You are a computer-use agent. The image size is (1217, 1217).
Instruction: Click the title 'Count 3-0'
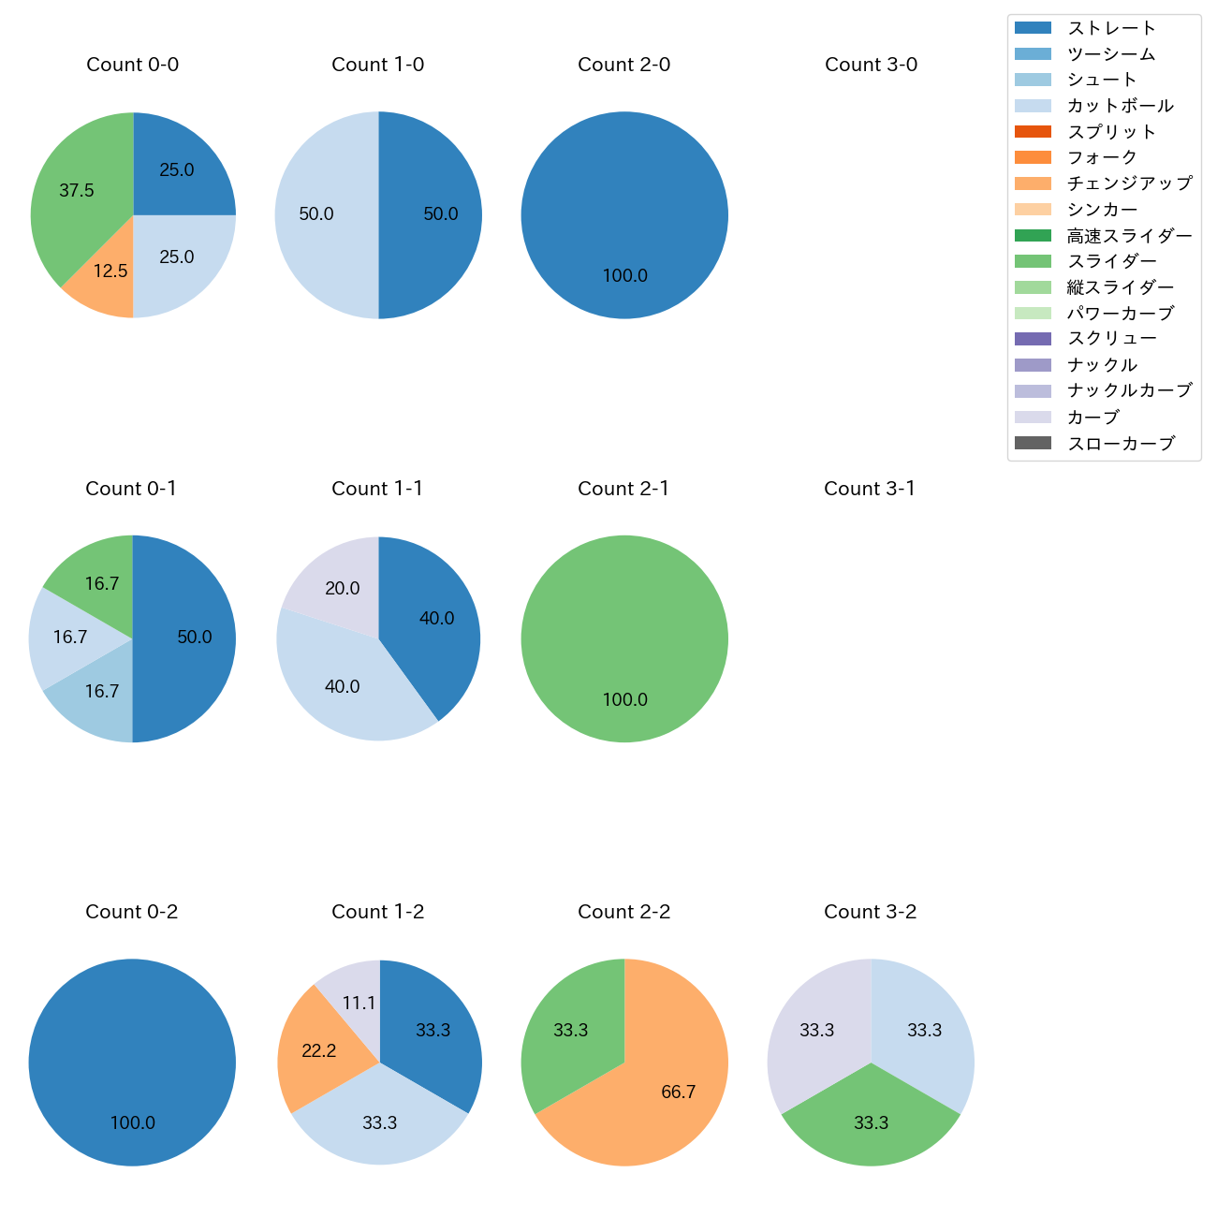coord(871,65)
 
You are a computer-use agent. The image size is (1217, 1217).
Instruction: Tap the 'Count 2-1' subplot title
coord(623,489)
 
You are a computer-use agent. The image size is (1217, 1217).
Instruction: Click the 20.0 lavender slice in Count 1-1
coord(337,585)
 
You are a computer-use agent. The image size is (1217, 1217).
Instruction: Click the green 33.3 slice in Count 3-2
coord(871,1119)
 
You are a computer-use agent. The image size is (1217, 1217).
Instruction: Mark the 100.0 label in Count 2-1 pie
coord(624,700)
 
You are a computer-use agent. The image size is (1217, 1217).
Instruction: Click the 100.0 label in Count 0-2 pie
coord(133,1123)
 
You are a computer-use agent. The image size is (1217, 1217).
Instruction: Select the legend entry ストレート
coord(1111,28)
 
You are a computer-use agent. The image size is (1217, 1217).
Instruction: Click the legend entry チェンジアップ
coord(1129,183)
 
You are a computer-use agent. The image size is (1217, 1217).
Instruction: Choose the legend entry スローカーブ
coord(1120,444)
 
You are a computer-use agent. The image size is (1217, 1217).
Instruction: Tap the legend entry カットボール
coord(1120,106)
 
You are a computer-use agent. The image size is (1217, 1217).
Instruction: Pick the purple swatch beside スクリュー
coord(1033,339)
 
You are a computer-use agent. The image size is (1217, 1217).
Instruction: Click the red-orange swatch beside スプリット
coord(1033,131)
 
